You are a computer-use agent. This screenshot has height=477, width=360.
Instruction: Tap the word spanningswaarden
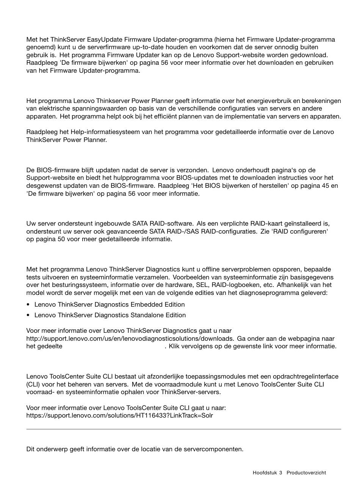coord(77,109)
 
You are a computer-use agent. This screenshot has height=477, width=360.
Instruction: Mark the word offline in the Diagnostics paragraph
coord(212,269)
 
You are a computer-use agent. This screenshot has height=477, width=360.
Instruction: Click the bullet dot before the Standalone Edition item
coord(28,315)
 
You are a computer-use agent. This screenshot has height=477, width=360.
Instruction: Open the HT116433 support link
coord(119,415)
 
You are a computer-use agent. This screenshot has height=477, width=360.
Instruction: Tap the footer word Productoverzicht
coord(306,472)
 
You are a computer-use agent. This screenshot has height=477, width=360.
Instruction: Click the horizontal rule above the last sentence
coord(183,429)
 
